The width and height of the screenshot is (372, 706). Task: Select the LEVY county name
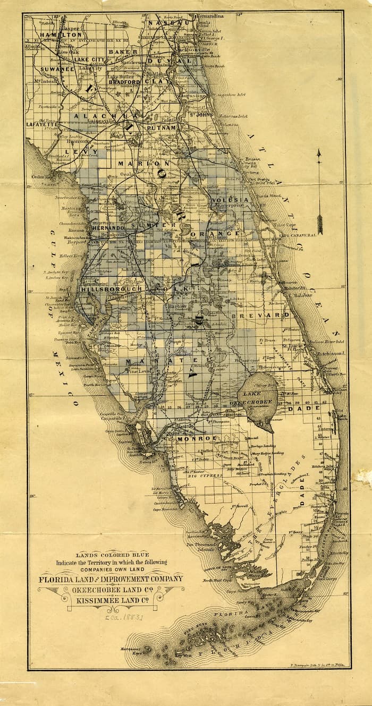click(x=74, y=151)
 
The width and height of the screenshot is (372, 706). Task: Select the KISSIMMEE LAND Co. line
click(x=111, y=599)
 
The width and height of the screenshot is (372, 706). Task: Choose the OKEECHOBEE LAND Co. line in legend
click(x=111, y=589)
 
